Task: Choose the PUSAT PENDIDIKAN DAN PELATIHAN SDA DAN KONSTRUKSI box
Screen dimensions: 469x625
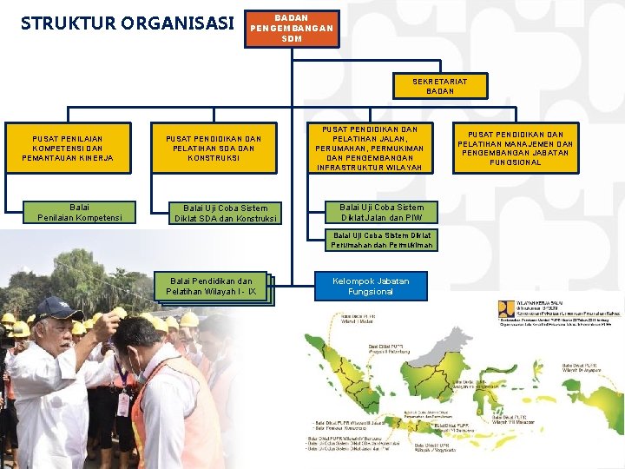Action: point(214,149)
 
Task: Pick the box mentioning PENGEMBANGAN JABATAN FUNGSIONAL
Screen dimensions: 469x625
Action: point(515,149)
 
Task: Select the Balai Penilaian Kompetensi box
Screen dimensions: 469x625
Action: point(79,213)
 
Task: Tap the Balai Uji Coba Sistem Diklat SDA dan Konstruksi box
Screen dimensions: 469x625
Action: point(225,213)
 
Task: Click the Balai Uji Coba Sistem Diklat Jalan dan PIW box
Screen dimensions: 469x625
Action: point(382,213)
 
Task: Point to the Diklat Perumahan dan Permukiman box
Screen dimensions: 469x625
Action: point(382,241)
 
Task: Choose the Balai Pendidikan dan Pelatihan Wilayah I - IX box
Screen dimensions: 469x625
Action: point(213,287)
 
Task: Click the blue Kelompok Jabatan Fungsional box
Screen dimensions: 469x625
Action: point(370,286)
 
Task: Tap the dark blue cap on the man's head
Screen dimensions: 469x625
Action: point(58,308)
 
